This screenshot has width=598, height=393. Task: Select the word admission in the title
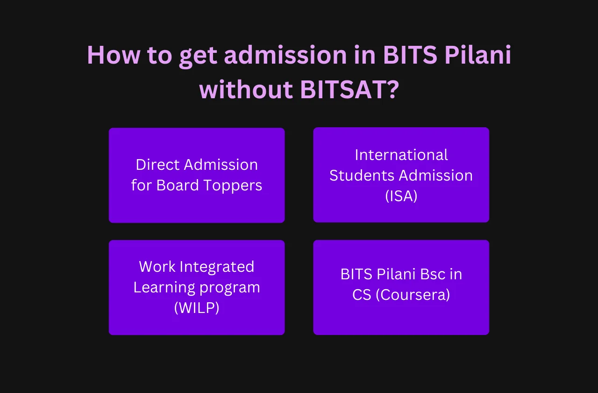285,55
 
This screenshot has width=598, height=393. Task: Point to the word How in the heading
113,55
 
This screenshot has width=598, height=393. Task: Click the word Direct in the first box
157,165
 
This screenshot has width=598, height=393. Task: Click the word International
401,154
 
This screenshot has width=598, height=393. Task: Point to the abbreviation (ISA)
401,196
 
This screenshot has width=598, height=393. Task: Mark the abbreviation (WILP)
197,308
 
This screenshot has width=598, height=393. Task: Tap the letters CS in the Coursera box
362,295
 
